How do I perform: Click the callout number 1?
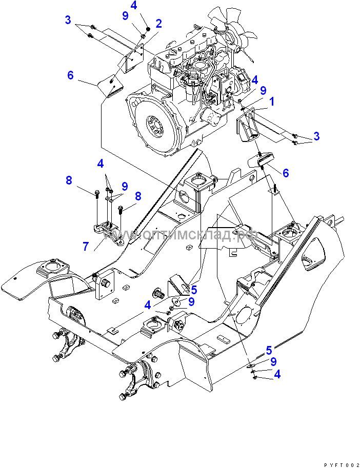(272, 101)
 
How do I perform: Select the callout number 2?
(158, 23)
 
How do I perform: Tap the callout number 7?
(85, 246)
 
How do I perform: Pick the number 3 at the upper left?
(67, 20)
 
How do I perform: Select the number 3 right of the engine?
(316, 136)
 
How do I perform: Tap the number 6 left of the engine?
(71, 75)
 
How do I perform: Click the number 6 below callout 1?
(286, 173)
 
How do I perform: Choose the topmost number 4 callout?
(133, 6)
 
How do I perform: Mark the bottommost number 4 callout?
(277, 374)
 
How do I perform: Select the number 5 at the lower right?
(268, 351)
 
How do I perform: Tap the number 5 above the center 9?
(193, 290)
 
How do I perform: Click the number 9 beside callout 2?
(126, 16)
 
